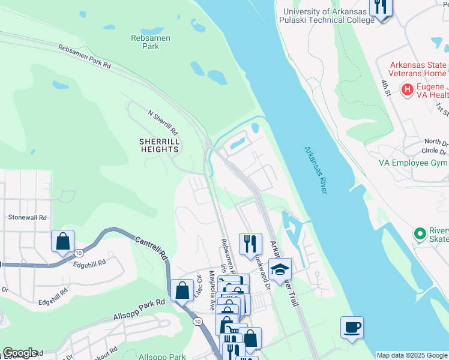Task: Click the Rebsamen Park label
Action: pyautogui.click(x=151, y=43)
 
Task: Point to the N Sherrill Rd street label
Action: pyautogui.click(x=163, y=122)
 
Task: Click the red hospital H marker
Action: pyautogui.click(x=408, y=90)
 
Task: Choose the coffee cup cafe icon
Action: pyautogui.click(x=352, y=328)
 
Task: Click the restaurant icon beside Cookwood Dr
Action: pyautogui.click(x=250, y=244)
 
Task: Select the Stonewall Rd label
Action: pyautogui.click(x=26, y=217)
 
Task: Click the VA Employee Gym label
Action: pyautogui.click(x=413, y=163)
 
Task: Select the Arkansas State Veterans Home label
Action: pyautogui.click(x=418, y=70)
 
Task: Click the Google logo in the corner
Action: pyautogui.click(x=19, y=353)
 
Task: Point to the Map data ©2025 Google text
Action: pyautogui.click(x=412, y=355)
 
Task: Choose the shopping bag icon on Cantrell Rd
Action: pyautogui.click(x=181, y=291)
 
